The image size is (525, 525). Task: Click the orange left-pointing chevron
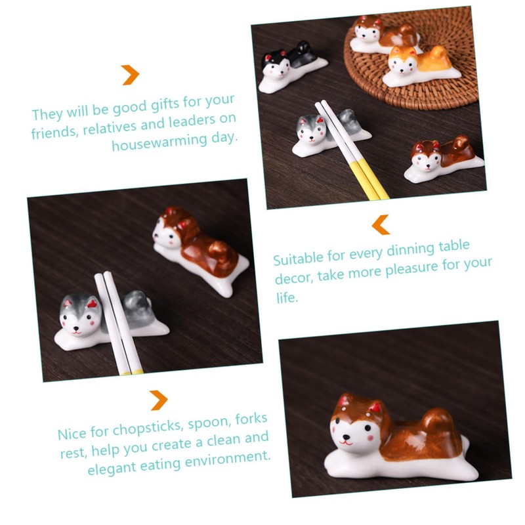click(381, 224)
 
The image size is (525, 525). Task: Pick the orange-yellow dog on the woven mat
click(415, 66)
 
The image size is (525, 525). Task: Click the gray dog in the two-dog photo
click(98, 318)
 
